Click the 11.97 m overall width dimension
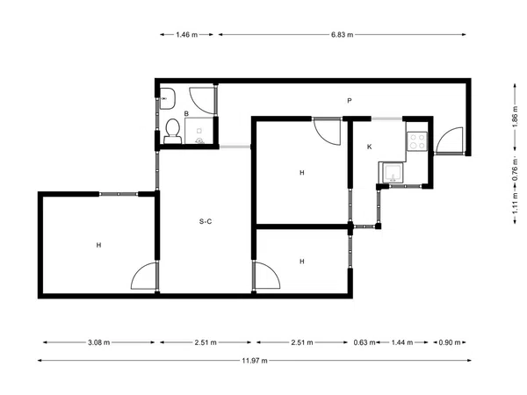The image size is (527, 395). pyautogui.click(x=255, y=361)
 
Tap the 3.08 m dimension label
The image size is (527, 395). pyautogui.click(x=98, y=342)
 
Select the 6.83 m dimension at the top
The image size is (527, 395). pyautogui.click(x=343, y=34)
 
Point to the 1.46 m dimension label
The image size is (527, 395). pyautogui.click(x=187, y=34)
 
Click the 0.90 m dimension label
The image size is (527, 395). pyautogui.click(x=450, y=342)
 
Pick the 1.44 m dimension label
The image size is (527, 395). pyautogui.click(x=402, y=342)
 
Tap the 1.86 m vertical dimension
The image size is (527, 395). pyautogui.click(x=515, y=117)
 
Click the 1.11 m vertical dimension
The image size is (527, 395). pyautogui.click(x=515, y=205)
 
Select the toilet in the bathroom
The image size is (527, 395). pyautogui.click(x=173, y=132)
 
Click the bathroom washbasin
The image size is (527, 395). pyautogui.click(x=167, y=98)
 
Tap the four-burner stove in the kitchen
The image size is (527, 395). pyautogui.click(x=417, y=141)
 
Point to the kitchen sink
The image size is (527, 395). pyautogui.click(x=392, y=173)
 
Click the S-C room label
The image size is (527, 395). pyautogui.click(x=206, y=221)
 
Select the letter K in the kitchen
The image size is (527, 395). pyautogui.click(x=370, y=147)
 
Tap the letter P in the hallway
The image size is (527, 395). pyautogui.click(x=350, y=100)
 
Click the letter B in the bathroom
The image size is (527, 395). pyautogui.click(x=186, y=114)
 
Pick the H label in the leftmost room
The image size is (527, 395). pyautogui.click(x=98, y=245)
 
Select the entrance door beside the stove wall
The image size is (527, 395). pyautogui.click(x=449, y=141)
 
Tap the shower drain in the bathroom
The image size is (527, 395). pyautogui.click(x=199, y=141)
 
